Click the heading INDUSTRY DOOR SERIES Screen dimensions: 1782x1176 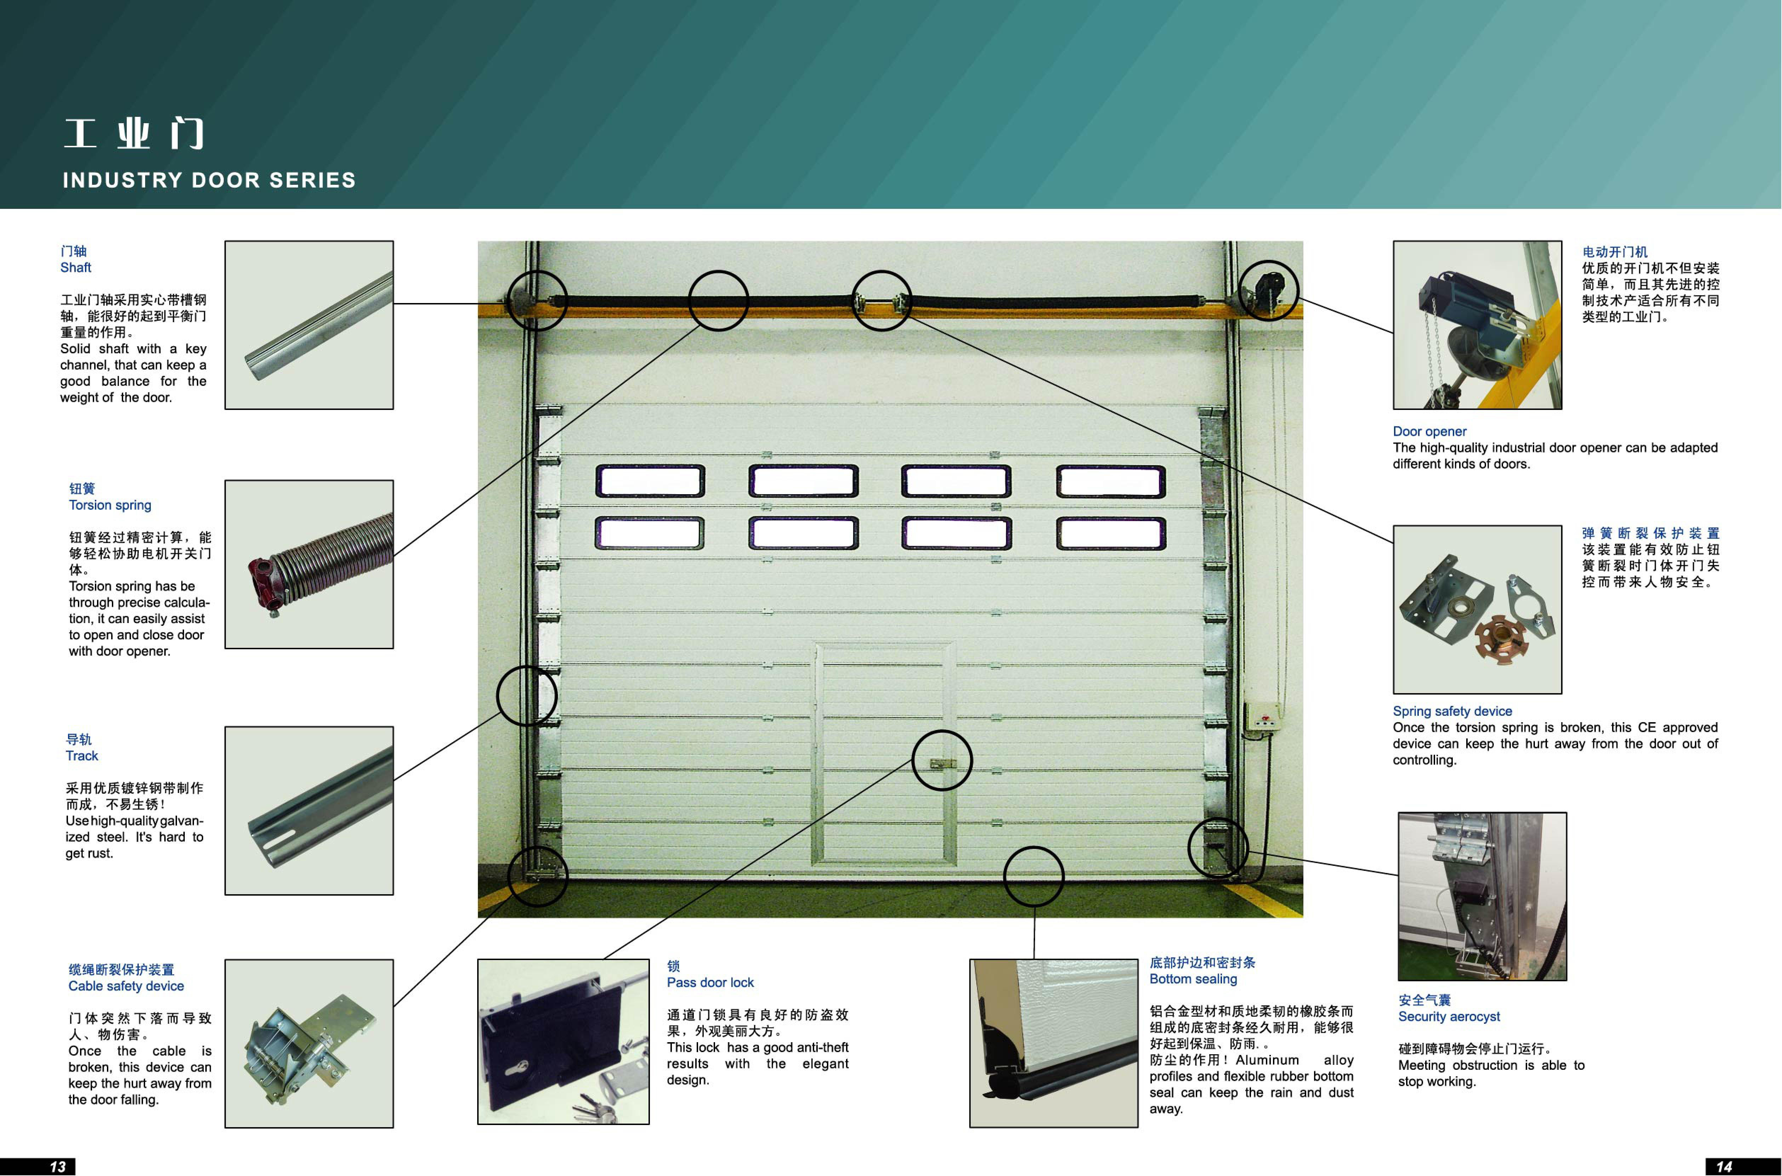(x=209, y=180)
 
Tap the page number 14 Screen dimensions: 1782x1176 (x=1724, y=1166)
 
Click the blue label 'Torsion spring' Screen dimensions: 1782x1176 (x=110, y=505)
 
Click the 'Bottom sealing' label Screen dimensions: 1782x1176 (x=1193, y=979)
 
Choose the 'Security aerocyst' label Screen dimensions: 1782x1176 (x=1449, y=1016)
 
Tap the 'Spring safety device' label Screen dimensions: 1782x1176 (x=1452, y=711)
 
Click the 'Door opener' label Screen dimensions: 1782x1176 (x=1429, y=431)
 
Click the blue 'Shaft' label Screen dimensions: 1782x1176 (x=76, y=267)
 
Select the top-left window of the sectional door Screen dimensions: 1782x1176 (x=650, y=481)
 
